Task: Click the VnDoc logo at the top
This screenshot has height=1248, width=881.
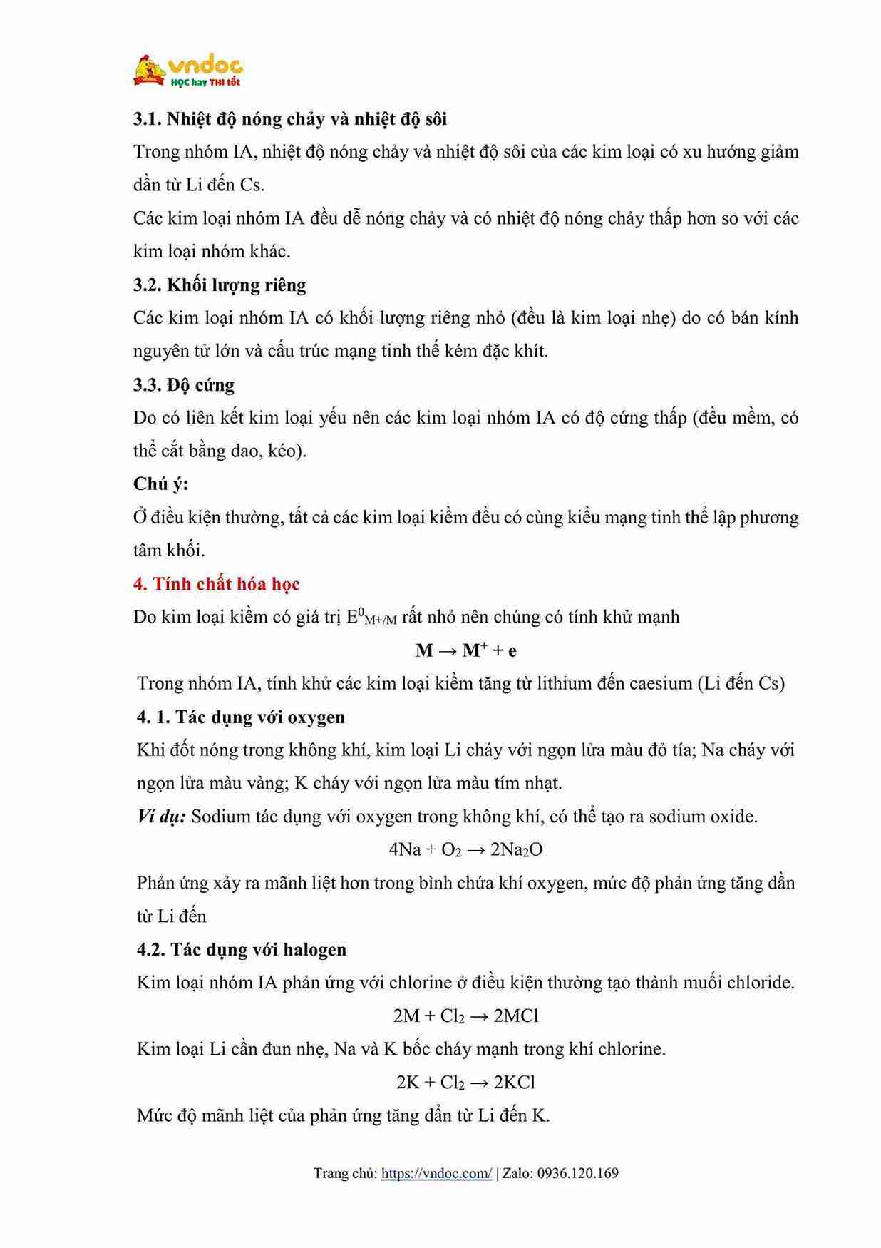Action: click(188, 71)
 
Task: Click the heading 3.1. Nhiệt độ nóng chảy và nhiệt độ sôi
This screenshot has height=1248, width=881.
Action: click(290, 118)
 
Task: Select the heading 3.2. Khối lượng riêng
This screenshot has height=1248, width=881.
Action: click(220, 285)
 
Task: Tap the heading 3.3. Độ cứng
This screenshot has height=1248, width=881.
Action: click(183, 384)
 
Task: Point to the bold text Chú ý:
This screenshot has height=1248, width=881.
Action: click(161, 484)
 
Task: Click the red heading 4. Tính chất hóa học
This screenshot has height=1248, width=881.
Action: click(216, 583)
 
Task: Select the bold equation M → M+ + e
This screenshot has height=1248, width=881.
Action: click(466, 650)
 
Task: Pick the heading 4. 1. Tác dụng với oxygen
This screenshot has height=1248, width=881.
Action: click(241, 717)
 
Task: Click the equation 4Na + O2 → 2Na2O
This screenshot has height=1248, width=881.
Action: click(465, 849)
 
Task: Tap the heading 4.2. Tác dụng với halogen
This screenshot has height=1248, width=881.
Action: click(242, 949)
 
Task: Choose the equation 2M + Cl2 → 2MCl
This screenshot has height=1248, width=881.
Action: click(465, 1016)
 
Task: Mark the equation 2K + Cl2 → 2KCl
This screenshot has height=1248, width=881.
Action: click(465, 1082)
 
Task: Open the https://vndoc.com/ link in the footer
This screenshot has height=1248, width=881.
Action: click(436, 1173)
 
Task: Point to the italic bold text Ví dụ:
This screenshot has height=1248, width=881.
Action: click(161, 817)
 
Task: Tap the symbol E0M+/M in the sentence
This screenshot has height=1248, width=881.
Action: click(371, 618)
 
